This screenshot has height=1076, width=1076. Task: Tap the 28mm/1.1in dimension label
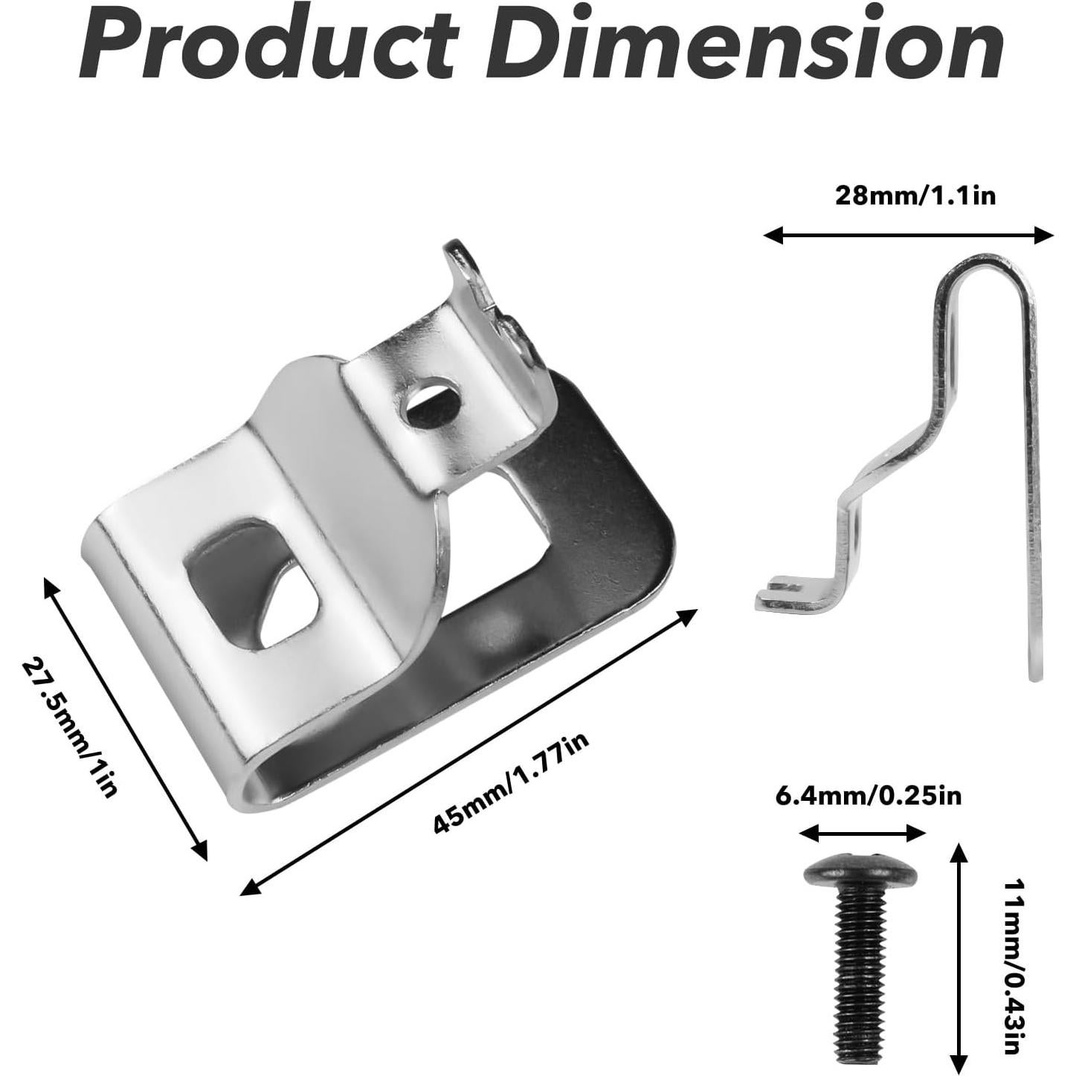915,196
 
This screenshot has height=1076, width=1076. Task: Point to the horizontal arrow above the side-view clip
909,236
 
